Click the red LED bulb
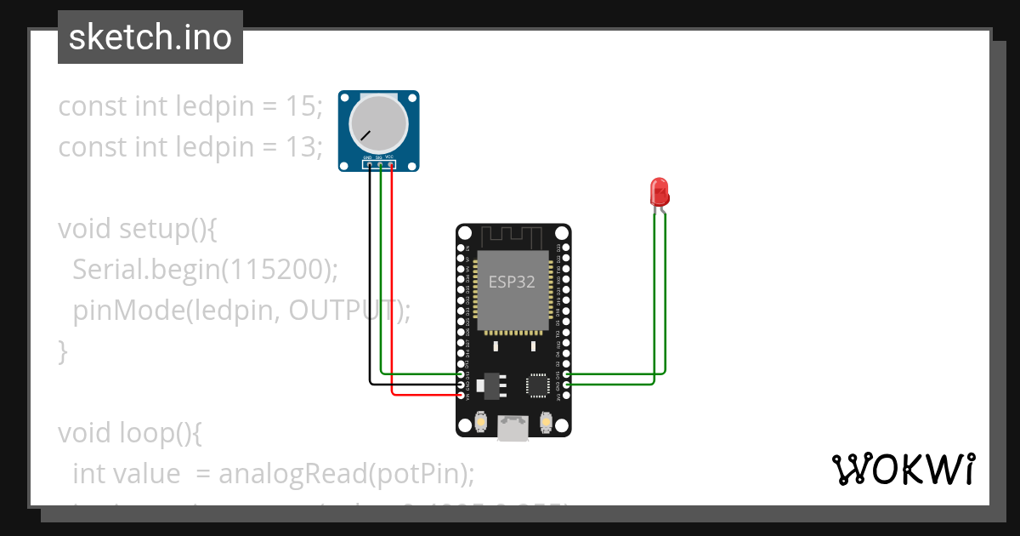point(659,191)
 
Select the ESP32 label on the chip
point(511,282)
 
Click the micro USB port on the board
point(513,428)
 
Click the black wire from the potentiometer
point(370,281)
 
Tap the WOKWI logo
point(902,469)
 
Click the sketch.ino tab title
point(150,37)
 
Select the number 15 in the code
point(305,106)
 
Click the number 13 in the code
point(305,147)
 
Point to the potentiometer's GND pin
point(369,164)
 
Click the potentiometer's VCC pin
point(391,164)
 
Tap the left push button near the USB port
point(480,421)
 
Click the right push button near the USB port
point(546,421)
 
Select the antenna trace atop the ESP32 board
point(513,235)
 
